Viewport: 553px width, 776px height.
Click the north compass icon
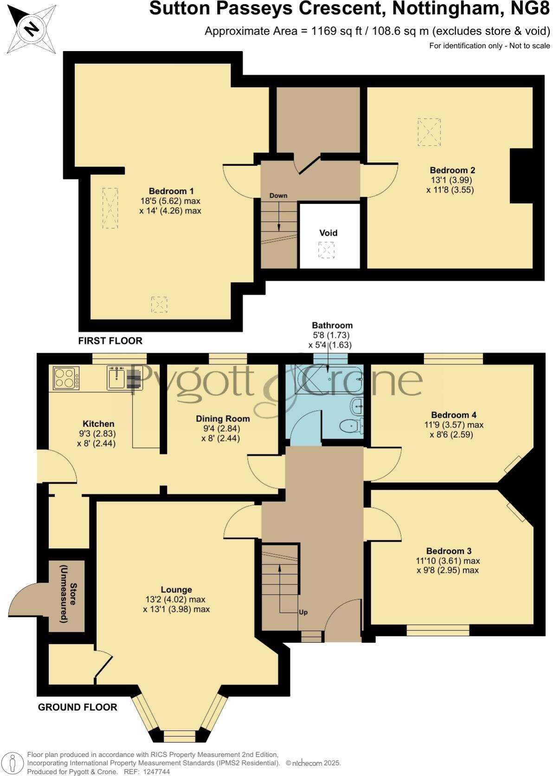click(32, 29)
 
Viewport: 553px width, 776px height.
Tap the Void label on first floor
click(328, 233)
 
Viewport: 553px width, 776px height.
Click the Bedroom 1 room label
click(171, 191)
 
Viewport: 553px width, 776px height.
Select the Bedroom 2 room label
click(452, 170)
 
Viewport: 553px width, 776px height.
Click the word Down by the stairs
click(278, 195)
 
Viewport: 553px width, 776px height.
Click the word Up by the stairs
click(303, 612)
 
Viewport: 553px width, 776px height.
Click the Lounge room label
click(176, 590)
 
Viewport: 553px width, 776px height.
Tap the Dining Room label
click(223, 419)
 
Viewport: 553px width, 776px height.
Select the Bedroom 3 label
click(449, 551)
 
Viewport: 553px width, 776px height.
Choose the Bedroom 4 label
click(453, 415)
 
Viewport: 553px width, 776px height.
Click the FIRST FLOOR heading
click(110, 341)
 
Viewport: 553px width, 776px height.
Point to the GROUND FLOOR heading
click(77, 707)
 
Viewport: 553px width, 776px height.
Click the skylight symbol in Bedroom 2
click(429, 132)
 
